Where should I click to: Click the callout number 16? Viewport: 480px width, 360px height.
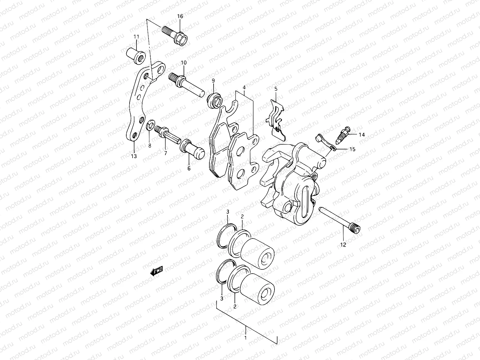pyautogui.click(x=180, y=16)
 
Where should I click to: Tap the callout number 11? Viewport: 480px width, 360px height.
pyautogui.click(x=136, y=37)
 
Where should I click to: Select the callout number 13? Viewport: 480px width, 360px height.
pyautogui.click(x=134, y=156)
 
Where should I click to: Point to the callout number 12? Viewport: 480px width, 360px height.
pyautogui.click(x=343, y=245)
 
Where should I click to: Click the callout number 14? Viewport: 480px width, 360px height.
pyautogui.click(x=362, y=135)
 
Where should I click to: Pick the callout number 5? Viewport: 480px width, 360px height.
pyautogui.click(x=276, y=89)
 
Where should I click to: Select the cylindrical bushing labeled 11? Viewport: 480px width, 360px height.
pyautogui.click(x=138, y=56)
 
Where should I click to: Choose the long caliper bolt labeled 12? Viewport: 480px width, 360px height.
pyautogui.click(x=340, y=219)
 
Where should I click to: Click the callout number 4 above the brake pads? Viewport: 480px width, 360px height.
pyautogui.click(x=244, y=88)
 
